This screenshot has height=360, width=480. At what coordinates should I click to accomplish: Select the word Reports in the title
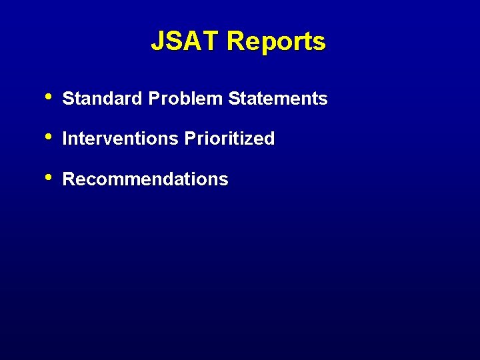(276, 41)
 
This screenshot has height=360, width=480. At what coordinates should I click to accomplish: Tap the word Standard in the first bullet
(103, 99)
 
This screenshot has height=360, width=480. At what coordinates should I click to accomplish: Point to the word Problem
(186, 99)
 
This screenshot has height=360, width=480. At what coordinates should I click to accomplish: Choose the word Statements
(277, 99)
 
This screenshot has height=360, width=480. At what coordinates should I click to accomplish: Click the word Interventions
(120, 139)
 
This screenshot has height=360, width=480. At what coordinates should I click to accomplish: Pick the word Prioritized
(229, 139)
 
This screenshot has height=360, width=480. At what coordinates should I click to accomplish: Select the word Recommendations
(145, 179)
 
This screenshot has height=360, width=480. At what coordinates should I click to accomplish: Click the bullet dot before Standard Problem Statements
(49, 97)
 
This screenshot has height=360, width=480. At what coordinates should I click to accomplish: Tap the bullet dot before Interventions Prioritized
(49, 137)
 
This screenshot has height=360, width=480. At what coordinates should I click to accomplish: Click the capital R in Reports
(235, 41)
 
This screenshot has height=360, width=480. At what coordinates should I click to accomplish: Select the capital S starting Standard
(67, 99)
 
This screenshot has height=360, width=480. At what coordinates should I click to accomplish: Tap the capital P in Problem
(154, 99)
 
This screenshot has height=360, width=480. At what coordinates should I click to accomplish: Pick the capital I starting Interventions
(65, 139)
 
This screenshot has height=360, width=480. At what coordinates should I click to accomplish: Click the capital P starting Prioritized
(190, 139)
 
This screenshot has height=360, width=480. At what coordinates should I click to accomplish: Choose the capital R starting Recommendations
(68, 179)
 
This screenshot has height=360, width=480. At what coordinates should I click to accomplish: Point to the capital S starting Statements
(233, 99)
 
